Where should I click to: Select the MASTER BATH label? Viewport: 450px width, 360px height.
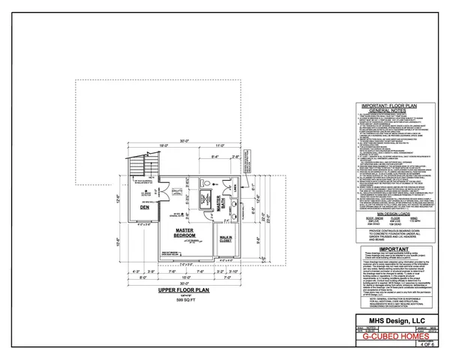tap(223, 205)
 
